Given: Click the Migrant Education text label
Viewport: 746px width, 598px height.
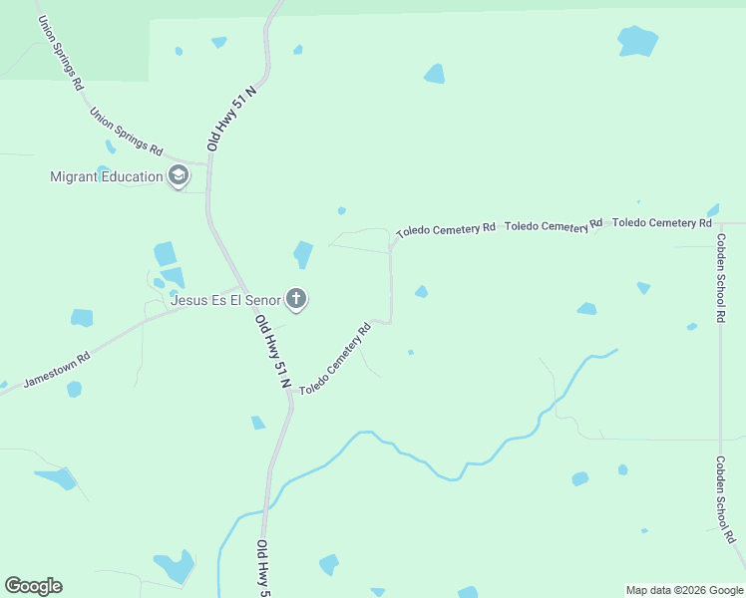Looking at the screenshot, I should click(x=107, y=177).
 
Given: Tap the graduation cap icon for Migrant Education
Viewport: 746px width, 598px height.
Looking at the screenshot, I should click(x=179, y=177).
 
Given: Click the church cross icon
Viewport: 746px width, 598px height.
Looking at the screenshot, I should click(x=296, y=298).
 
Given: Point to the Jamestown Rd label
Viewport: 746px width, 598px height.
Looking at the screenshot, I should click(x=57, y=368).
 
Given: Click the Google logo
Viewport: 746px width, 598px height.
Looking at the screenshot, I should click(x=33, y=586).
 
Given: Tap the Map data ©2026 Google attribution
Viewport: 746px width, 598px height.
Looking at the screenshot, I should click(x=684, y=590).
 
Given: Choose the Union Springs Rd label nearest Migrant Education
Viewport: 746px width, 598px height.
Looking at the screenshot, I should click(x=126, y=132).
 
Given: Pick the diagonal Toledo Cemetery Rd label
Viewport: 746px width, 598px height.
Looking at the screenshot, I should click(x=335, y=358).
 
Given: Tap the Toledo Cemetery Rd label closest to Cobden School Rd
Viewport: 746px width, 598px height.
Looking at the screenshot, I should click(x=661, y=222).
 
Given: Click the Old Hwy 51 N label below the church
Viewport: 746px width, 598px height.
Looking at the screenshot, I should click(x=272, y=352).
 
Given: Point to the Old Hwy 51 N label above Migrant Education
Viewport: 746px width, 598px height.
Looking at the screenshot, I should click(x=232, y=119).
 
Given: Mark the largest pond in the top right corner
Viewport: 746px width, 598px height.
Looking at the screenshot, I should click(x=637, y=41).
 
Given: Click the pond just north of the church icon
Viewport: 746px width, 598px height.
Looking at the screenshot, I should click(x=303, y=254).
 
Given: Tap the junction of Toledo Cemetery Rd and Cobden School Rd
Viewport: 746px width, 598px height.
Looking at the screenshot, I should click(x=720, y=223).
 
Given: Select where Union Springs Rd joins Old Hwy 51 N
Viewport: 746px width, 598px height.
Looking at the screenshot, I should click(x=207, y=165).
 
